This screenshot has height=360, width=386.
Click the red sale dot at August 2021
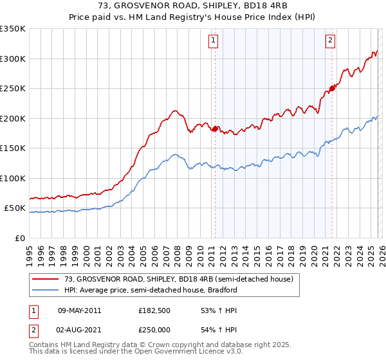click(x=333, y=88)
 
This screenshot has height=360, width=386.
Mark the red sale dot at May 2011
click(x=215, y=129)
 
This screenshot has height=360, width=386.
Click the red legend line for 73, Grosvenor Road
click(x=45, y=279)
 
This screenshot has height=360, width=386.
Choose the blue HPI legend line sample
click(x=45, y=290)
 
